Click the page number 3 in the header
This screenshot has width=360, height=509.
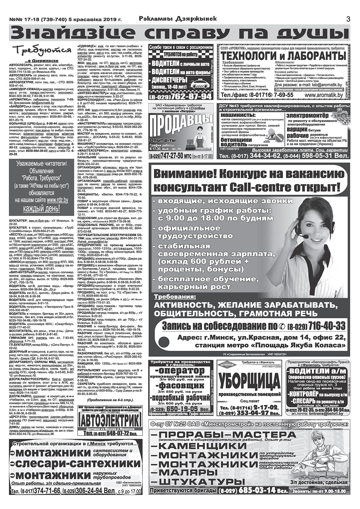[x=348, y=19]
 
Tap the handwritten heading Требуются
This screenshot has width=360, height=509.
[x=42, y=50]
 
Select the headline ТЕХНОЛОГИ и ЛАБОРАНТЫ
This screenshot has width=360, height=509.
[x=283, y=56]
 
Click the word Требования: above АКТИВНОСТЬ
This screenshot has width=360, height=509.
[x=175, y=297]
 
